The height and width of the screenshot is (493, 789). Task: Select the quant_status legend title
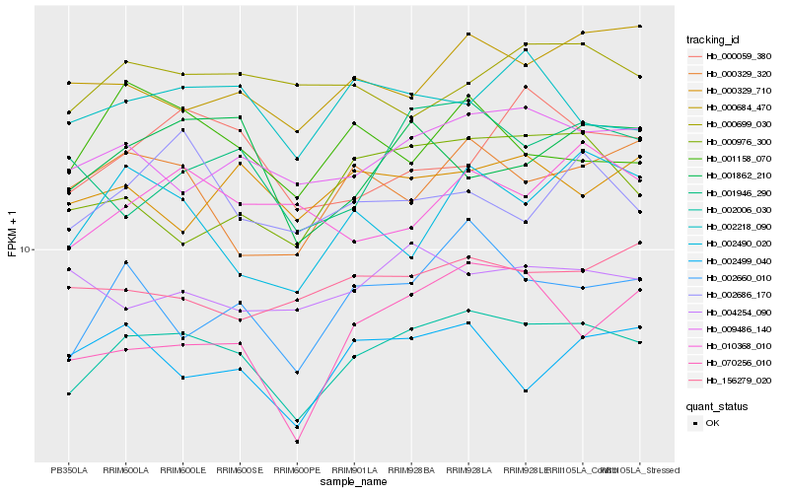tap(717, 405)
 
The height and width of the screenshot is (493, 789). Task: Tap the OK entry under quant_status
tap(712, 423)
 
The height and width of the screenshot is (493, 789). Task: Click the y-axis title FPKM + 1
tap(12, 233)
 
